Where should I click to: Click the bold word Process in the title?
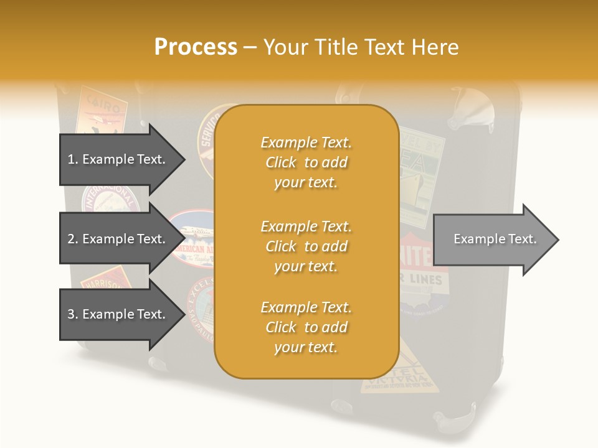[x=196, y=47]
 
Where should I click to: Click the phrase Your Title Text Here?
[x=361, y=47]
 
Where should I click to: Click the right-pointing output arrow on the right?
[x=495, y=240]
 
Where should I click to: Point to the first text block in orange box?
[x=306, y=162]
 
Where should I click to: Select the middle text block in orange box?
[x=306, y=246]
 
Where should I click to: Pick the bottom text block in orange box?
[x=306, y=327]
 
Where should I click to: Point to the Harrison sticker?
[x=103, y=276]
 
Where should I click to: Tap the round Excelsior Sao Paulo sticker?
[x=202, y=308]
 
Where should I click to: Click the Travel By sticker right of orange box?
[x=421, y=174]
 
